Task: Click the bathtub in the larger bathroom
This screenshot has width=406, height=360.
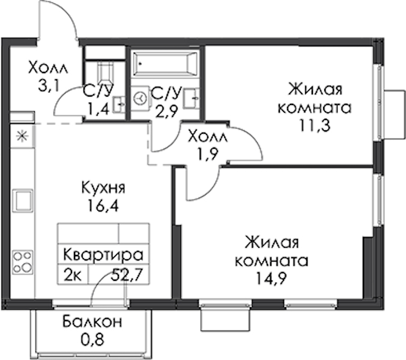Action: [x=165, y=64]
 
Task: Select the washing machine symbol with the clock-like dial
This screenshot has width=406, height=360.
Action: [x=141, y=98]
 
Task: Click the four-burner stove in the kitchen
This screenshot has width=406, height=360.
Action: [x=23, y=263]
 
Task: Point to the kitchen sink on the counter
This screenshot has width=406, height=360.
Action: [x=23, y=200]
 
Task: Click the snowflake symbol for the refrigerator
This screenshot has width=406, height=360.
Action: [x=22, y=136]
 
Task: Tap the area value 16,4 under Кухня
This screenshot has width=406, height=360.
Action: [x=103, y=206]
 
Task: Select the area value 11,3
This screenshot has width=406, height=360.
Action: [x=315, y=125]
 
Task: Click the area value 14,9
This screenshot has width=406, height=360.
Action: [x=271, y=278]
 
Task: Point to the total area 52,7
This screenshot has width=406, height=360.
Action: [x=127, y=275]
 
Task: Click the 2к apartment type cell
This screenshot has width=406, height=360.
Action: [x=73, y=275]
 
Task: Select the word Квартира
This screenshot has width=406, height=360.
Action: [x=103, y=255]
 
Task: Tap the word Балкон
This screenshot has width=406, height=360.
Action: [x=92, y=322]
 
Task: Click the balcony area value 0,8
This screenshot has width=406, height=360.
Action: [x=92, y=340]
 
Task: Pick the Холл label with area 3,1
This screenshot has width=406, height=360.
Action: [x=48, y=67]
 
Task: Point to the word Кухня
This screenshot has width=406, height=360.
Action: [x=103, y=188]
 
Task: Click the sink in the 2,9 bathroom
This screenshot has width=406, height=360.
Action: [x=192, y=98]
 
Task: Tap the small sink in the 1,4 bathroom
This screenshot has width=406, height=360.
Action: [x=118, y=104]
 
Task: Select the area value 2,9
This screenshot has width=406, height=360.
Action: [x=166, y=112]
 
